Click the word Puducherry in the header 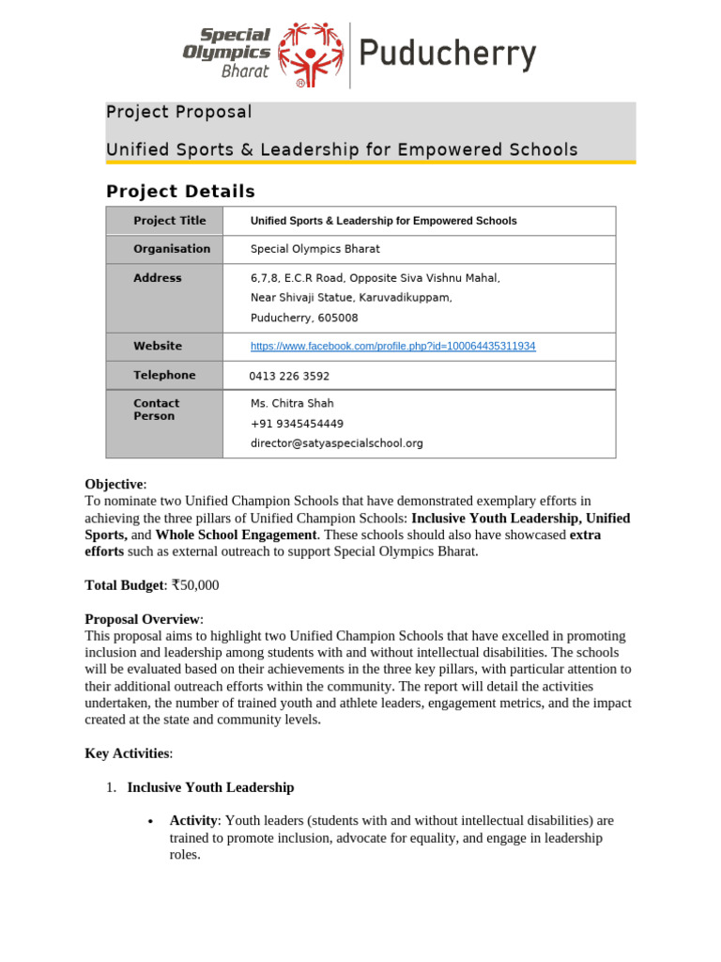(x=449, y=55)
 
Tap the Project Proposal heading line (x=179, y=112)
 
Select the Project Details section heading (x=180, y=192)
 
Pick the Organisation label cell (x=172, y=249)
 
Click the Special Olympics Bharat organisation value (x=314, y=249)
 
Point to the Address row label (x=158, y=278)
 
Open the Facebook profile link (x=392, y=346)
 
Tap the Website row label (x=158, y=346)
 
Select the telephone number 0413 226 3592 (x=289, y=376)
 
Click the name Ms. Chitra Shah (x=292, y=403)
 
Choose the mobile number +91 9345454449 (x=297, y=424)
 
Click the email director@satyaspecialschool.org (x=336, y=443)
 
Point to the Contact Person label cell (x=156, y=410)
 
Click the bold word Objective (x=115, y=484)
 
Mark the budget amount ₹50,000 (x=194, y=585)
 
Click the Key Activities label (x=128, y=753)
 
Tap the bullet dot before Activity (x=151, y=821)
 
